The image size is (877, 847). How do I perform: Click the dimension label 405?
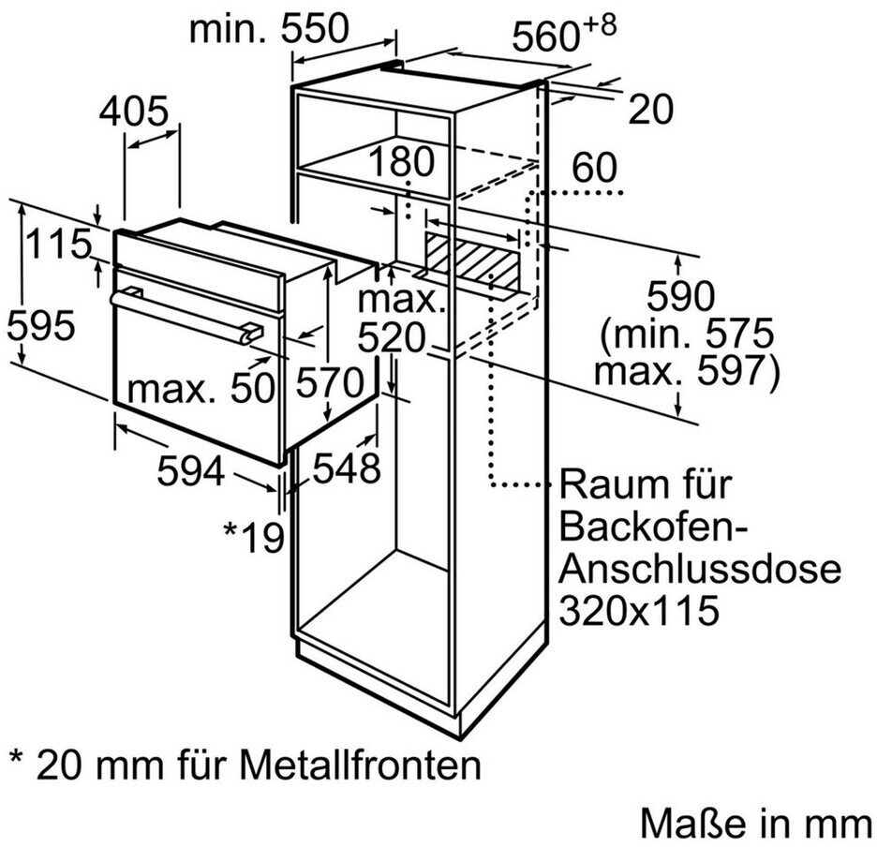(x=133, y=111)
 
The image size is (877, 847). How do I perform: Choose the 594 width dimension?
(x=191, y=470)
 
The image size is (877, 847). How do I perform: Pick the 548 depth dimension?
(x=347, y=468)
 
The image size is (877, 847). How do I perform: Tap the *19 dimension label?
(x=254, y=537)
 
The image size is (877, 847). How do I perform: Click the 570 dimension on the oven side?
(x=330, y=382)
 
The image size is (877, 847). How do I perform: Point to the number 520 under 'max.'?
(x=392, y=338)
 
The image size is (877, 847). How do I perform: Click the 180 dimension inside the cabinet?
(x=401, y=161)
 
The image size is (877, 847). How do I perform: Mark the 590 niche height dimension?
(x=680, y=296)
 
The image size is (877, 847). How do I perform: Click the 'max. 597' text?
(x=686, y=370)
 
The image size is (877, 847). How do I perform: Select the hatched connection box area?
(x=471, y=263)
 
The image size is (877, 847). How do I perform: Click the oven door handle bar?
(x=186, y=318)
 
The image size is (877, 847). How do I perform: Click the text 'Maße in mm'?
(x=755, y=823)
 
